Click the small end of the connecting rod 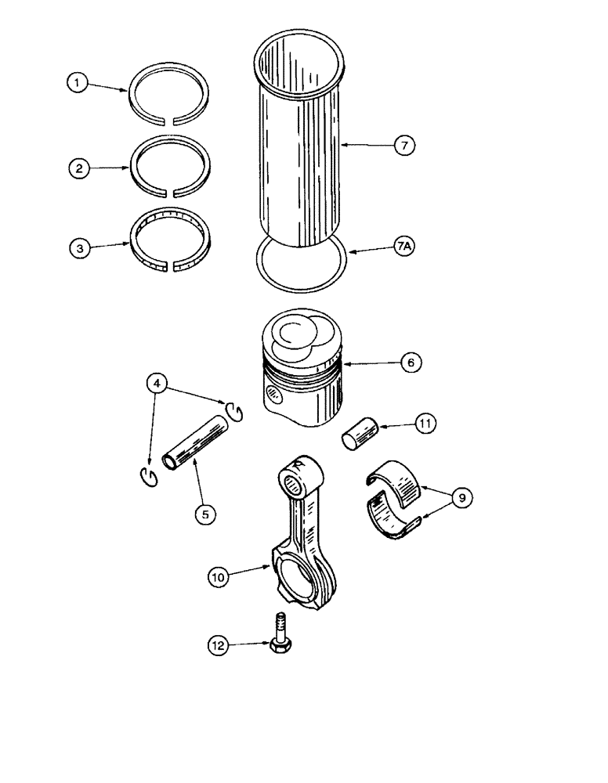(299, 474)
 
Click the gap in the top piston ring (171, 120)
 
